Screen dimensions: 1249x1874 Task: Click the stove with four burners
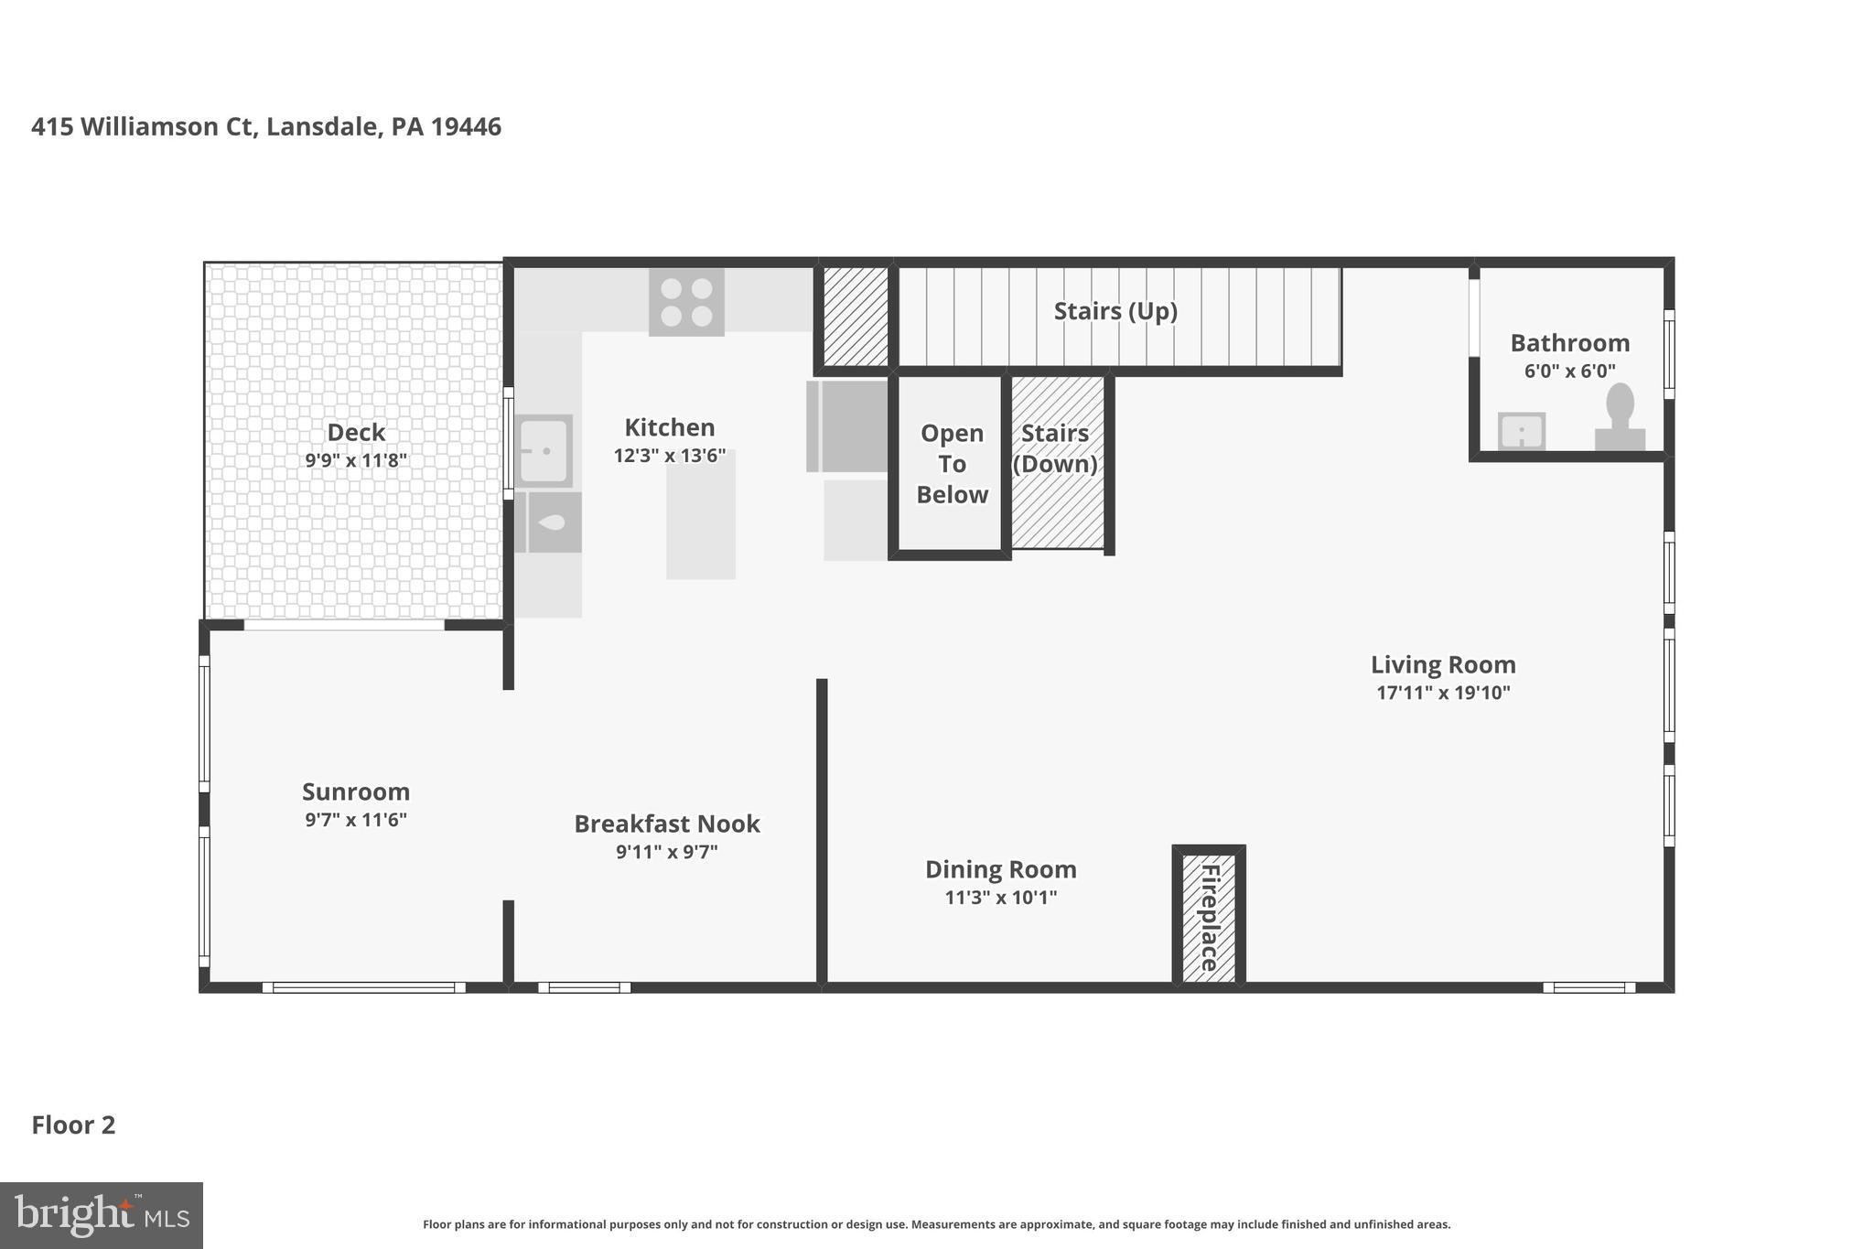tap(686, 302)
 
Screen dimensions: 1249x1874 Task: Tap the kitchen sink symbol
tap(544, 450)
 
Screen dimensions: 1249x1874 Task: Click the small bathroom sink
tap(1521, 431)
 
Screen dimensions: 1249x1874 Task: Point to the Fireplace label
tap(1209, 917)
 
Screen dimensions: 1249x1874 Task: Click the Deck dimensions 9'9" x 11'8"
tap(356, 460)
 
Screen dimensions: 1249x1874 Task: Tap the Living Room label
tap(1442, 664)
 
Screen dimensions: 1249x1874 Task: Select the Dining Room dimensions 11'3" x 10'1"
tap(1000, 898)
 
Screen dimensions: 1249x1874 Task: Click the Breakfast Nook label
tap(666, 824)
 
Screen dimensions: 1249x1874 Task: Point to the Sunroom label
tap(356, 791)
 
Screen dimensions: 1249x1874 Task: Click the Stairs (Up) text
tap(1115, 311)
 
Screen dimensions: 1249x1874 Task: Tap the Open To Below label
tap(952, 464)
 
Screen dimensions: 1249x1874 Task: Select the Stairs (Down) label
tap(1055, 448)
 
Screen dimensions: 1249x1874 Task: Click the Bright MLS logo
tap(101, 1215)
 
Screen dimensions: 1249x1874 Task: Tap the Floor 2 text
tap(73, 1125)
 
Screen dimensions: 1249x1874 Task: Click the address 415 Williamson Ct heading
tap(265, 126)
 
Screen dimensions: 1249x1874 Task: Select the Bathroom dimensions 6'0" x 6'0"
tap(1569, 371)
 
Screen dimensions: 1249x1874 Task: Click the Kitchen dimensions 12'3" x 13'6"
tap(669, 456)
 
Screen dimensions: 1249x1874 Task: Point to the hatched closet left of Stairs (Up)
tap(855, 317)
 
